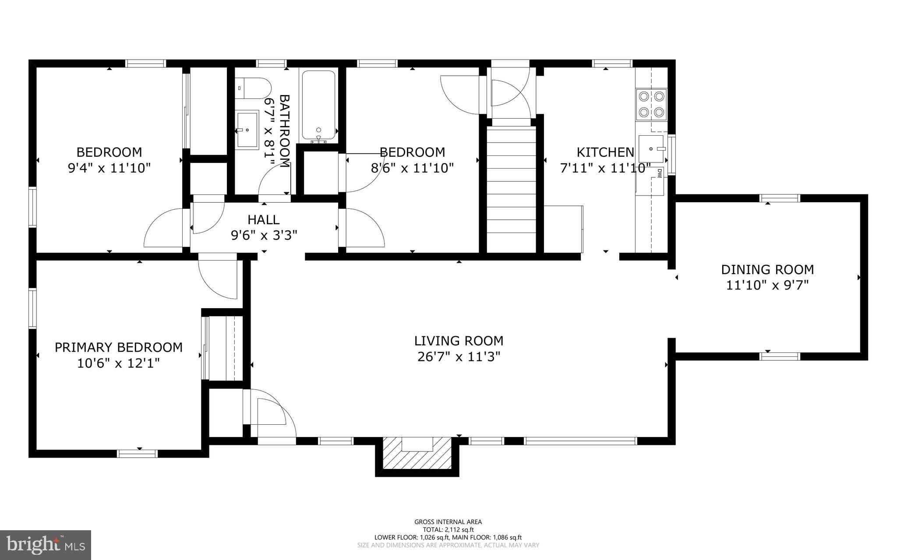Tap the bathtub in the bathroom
pos(318,106)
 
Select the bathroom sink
pos(247,130)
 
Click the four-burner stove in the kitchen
pos(651,104)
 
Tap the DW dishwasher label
pos(658,174)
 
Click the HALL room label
pos(263,220)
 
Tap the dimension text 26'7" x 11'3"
pos(459,357)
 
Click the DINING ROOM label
pos(767,269)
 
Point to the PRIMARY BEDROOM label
pos(118,347)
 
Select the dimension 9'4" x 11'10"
pos(109,168)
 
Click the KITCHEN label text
pos(605,152)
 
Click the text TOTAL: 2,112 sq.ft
pos(448,529)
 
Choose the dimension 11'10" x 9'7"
pos(767,285)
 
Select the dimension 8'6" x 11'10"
pos(412,168)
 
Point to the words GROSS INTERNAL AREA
pos(448,521)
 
